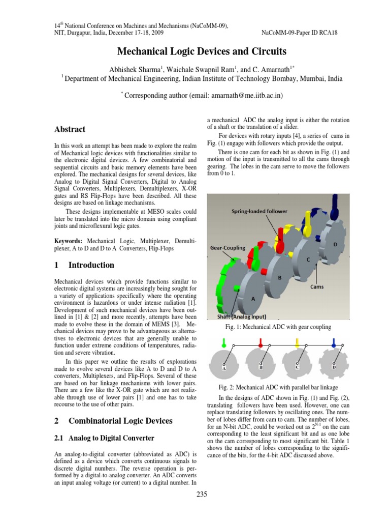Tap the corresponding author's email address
[236, 95]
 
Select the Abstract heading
[70, 129]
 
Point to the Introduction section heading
[84, 265]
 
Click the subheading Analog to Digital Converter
[105, 438]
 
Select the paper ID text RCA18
[328, 33]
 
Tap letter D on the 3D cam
[335, 245]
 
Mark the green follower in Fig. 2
[223, 343]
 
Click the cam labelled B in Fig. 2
[261, 362]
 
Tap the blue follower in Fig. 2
[333, 343]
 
